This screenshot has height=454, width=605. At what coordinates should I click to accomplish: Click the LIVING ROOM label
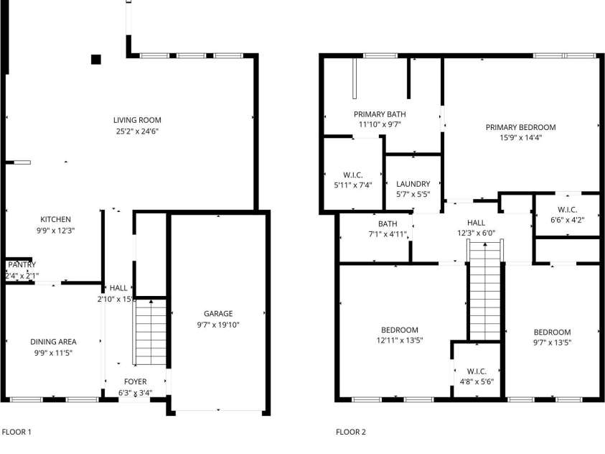(x=137, y=120)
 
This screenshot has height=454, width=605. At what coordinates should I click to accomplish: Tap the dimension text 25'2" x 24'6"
(x=137, y=131)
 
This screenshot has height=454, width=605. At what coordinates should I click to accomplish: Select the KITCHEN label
(x=55, y=219)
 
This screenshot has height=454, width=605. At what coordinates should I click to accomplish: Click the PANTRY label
(x=22, y=264)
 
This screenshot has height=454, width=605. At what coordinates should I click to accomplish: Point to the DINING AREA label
(x=53, y=341)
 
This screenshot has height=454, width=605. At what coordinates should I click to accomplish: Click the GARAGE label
(x=218, y=313)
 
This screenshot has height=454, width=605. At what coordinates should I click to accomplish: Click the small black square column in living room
(x=96, y=60)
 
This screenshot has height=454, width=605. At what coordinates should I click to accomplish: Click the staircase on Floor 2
(x=486, y=291)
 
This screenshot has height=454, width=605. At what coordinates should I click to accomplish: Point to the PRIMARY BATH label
(x=380, y=114)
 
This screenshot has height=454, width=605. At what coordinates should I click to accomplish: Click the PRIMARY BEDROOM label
(x=520, y=127)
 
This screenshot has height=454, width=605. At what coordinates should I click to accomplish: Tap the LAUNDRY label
(x=413, y=184)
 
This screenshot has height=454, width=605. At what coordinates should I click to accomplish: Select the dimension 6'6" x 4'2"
(x=567, y=220)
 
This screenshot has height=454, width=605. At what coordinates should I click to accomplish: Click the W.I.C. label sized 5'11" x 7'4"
(x=352, y=175)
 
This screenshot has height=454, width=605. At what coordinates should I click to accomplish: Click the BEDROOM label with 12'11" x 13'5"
(x=398, y=330)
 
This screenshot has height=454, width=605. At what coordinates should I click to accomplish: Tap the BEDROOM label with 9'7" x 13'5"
(x=552, y=332)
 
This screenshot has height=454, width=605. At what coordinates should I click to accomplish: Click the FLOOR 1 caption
(x=17, y=432)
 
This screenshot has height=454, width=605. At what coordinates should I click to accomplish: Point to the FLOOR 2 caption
(x=351, y=432)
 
